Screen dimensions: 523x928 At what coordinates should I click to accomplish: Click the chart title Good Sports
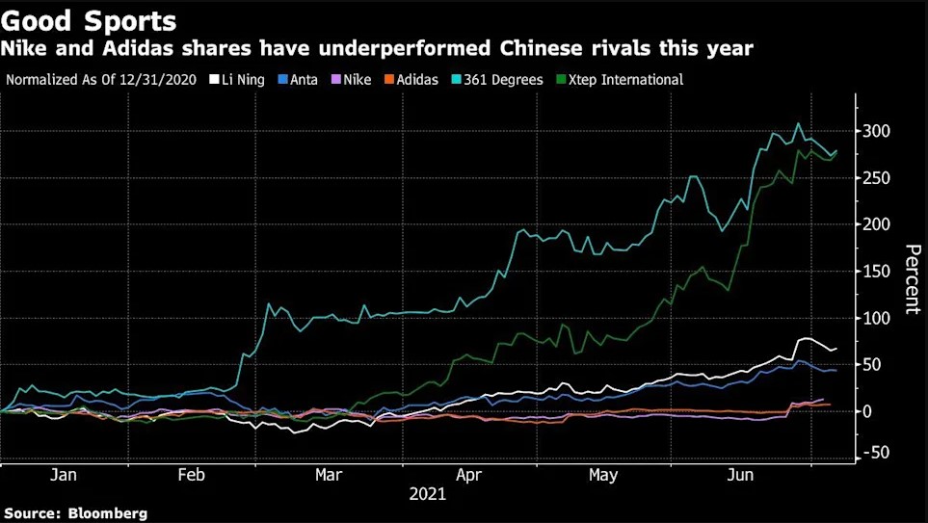pyautogui.click(x=89, y=19)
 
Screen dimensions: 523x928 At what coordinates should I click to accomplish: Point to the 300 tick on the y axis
pyautogui.click(x=876, y=131)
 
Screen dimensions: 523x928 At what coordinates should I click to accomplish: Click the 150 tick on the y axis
pyautogui.click(x=876, y=272)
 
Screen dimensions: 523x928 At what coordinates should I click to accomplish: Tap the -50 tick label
pyautogui.click(x=876, y=453)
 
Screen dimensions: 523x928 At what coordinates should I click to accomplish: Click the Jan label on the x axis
pyautogui.click(x=63, y=475)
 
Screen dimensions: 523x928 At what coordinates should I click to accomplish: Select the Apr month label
pyautogui.click(x=469, y=475)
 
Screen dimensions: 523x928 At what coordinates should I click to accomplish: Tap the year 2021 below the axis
pyautogui.click(x=427, y=494)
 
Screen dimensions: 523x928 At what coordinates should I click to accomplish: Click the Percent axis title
pyautogui.click(x=911, y=279)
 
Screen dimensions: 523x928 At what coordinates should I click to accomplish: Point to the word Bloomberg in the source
pyautogui.click(x=109, y=513)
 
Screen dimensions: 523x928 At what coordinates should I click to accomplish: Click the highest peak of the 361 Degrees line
pyautogui.click(x=798, y=124)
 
